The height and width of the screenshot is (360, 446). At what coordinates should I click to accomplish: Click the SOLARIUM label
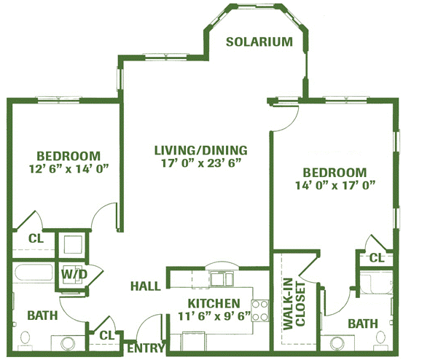(259, 42)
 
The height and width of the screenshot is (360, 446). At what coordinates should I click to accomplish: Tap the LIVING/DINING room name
(200, 150)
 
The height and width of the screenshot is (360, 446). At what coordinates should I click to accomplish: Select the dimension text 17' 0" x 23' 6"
(201, 163)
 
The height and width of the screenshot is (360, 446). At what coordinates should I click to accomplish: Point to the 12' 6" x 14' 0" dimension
(69, 169)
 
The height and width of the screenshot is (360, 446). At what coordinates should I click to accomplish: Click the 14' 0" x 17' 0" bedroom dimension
(334, 185)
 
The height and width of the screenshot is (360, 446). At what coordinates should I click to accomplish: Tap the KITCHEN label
(214, 303)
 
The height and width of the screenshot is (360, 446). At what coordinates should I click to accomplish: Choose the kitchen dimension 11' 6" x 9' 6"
(214, 316)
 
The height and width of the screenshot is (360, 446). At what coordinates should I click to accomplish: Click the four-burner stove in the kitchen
(260, 310)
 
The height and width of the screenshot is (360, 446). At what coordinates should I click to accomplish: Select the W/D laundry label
(74, 275)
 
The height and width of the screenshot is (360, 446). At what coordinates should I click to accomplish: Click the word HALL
(146, 286)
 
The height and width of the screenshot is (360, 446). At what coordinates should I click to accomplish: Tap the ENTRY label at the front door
(146, 348)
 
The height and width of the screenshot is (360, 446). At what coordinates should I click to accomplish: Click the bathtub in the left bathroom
(34, 273)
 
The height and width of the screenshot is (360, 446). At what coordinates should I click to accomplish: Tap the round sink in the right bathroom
(337, 343)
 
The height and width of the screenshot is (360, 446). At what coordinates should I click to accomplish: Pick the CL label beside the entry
(107, 336)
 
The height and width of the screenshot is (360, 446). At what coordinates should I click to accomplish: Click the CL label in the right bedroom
(377, 258)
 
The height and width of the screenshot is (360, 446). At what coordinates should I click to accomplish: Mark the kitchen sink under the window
(222, 278)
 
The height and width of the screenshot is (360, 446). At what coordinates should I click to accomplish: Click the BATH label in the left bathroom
(43, 316)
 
